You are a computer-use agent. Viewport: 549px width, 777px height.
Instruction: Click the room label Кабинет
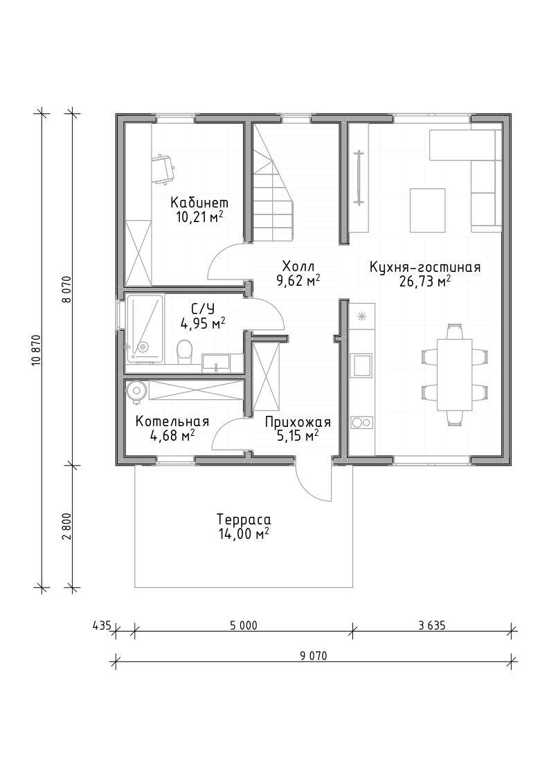(199, 203)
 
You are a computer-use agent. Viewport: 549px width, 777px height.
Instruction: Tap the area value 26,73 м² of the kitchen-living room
(424, 282)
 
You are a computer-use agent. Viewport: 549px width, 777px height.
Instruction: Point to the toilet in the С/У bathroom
(184, 350)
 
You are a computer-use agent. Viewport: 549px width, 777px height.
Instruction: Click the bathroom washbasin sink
(216, 363)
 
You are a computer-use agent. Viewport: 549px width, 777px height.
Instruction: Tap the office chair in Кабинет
(163, 169)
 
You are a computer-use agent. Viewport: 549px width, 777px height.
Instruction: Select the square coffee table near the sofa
(427, 210)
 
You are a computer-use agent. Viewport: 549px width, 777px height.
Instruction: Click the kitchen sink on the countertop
(361, 365)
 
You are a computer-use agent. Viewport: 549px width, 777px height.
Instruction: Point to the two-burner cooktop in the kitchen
(361, 422)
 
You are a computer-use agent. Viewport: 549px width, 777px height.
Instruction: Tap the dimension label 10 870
(36, 350)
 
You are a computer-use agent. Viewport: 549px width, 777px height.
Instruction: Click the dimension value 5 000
(243, 625)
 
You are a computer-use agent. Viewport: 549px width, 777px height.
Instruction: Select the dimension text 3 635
(431, 625)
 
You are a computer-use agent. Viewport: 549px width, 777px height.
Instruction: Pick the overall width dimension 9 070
(313, 656)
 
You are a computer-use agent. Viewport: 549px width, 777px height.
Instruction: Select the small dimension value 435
(101, 625)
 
